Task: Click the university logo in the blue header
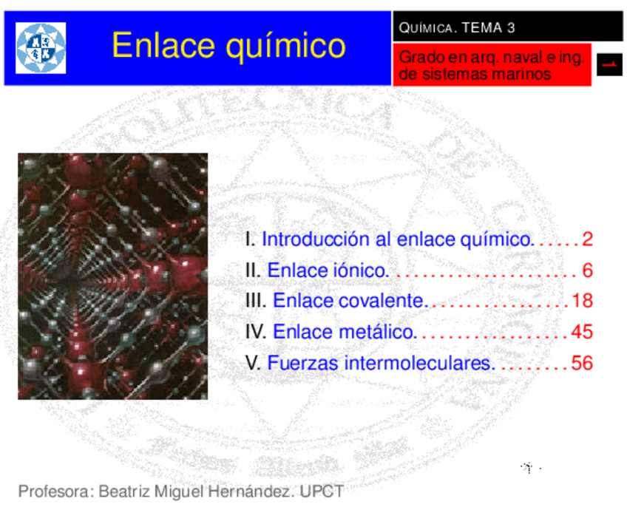tap(41, 48)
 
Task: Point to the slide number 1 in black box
tap(610, 65)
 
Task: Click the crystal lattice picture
tap(112, 276)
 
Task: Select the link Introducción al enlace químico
tap(397, 239)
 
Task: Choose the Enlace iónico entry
tap(328, 270)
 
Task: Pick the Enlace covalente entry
tap(350, 302)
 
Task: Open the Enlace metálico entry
tap(345, 333)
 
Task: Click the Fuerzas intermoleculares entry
tap(381, 364)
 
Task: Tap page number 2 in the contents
tap(587, 239)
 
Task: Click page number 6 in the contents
tap(587, 270)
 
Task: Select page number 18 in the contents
tap(582, 302)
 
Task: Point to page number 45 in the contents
tap(582, 333)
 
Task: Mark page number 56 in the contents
tap(582, 364)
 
